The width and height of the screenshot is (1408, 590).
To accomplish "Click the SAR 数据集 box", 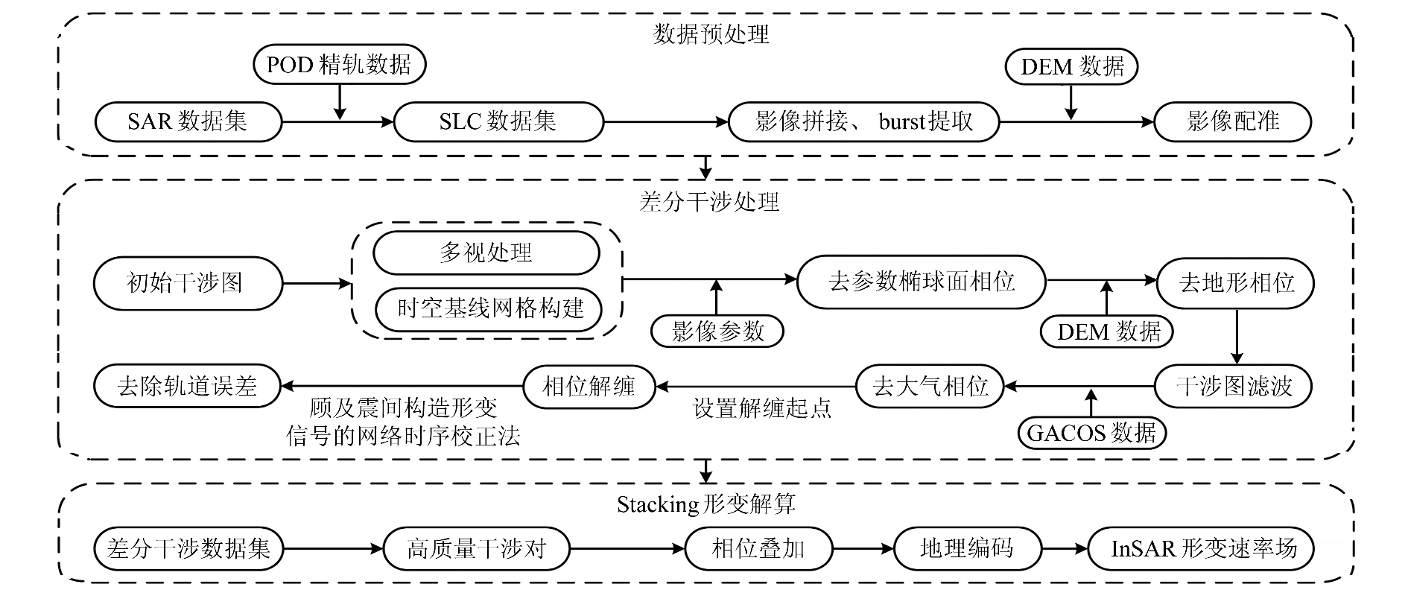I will coord(188,121).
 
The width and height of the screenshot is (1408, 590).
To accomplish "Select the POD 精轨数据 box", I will coord(339,65).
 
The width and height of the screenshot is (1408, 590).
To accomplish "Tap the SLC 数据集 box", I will coord(498,121).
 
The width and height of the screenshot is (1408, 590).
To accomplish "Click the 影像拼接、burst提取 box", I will coord(863,121).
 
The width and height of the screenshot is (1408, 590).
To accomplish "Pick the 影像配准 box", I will coord(1232,121).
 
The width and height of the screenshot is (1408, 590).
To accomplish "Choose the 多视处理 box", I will coord(486,253).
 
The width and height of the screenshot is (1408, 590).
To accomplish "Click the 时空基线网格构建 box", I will coord(489,308).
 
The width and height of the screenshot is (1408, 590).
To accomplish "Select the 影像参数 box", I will coord(717,331).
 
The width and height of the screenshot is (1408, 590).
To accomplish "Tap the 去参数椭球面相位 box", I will coord(921,282).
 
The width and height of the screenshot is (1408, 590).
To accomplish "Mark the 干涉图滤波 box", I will coord(1233,386).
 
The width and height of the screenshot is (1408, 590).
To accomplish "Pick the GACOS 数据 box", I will coord(1091,433).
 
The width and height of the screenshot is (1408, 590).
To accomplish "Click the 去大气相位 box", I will coord(929,386).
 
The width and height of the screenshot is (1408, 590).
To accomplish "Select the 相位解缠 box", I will coord(589,386).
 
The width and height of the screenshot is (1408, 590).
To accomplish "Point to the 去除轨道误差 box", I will coord(187,386).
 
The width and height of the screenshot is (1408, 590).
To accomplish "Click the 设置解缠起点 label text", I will coord(762,408).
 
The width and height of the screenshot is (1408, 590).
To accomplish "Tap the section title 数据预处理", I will coord(711,34).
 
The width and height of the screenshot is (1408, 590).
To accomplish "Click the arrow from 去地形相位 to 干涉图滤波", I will coord(1236,335).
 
